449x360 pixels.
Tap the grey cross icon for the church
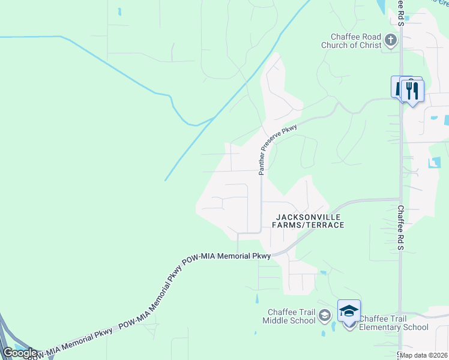(x=391, y=41)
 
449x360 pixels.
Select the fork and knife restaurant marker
(x=412, y=91)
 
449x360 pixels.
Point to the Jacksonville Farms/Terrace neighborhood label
(x=310, y=220)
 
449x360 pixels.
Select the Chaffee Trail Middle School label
(x=289, y=316)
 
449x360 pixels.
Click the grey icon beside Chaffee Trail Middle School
(x=325, y=315)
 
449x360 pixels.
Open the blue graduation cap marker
(x=349, y=311)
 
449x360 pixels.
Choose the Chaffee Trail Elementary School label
(x=394, y=323)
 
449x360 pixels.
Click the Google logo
(x=20, y=353)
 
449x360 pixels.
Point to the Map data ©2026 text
(x=424, y=355)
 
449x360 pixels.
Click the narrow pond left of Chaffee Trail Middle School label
(x=256, y=298)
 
